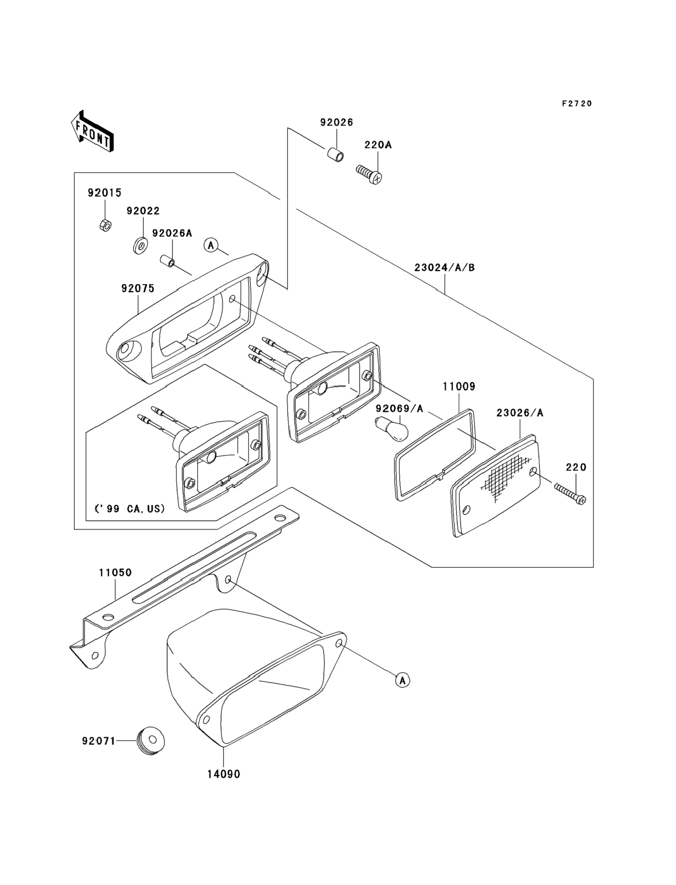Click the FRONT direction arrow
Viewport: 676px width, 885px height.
pos(92,132)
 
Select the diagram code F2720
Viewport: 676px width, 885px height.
pos(577,104)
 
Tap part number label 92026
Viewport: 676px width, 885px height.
pos(337,122)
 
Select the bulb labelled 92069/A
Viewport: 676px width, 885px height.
pos(392,429)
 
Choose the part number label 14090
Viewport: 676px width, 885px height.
pos(224,774)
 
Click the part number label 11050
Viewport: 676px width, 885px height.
pos(115,572)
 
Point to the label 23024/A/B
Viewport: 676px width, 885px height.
pos(445,268)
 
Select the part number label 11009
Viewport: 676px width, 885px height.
pos(459,387)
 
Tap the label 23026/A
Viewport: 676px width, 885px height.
pos(520,413)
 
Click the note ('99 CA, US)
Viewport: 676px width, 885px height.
pos(130,509)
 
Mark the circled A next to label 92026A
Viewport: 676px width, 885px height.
pos(211,245)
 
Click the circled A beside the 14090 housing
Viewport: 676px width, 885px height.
pos(402,680)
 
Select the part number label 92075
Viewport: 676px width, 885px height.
pos(138,289)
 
